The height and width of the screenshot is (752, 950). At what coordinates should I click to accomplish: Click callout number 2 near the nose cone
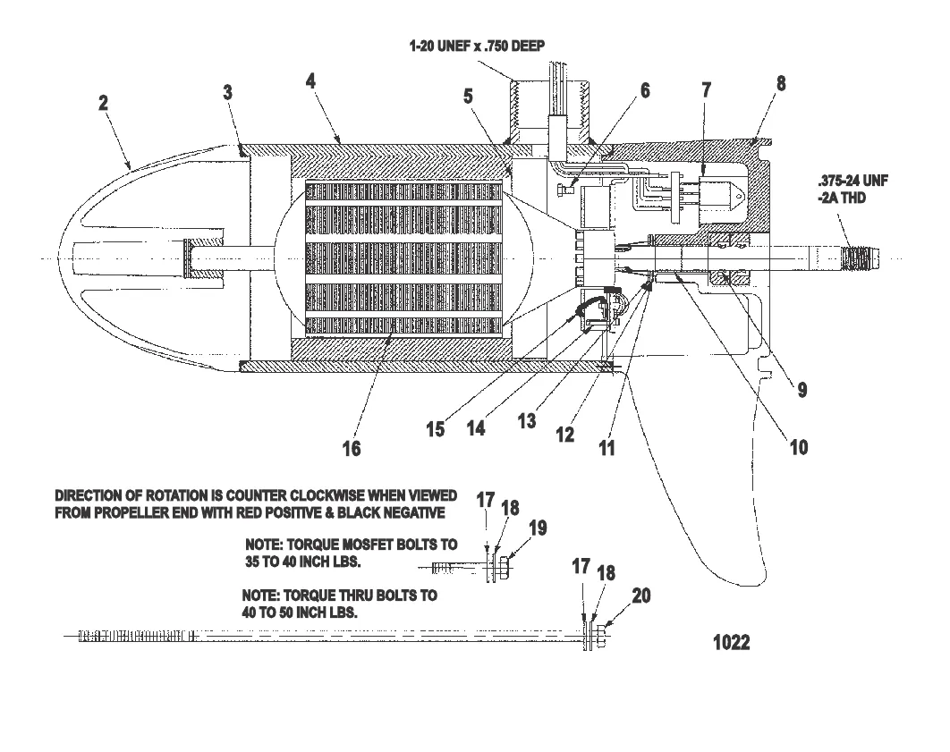(104, 103)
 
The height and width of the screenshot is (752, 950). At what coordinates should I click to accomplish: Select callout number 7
(706, 89)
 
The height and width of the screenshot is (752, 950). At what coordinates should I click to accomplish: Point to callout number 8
(781, 83)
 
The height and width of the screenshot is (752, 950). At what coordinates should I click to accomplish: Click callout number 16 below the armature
(352, 448)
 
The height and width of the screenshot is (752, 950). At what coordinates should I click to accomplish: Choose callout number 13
(527, 419)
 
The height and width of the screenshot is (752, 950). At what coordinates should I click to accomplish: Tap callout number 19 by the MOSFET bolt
(536, 528)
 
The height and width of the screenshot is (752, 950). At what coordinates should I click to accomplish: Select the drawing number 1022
(731, 642)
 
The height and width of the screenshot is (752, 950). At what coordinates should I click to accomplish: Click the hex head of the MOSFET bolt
(505, 567)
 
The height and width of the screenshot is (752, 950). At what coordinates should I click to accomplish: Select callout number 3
(228, 92)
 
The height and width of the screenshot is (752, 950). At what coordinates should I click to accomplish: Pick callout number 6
(644, 89)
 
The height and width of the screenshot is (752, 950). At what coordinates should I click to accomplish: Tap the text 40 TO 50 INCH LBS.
(301, 613)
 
